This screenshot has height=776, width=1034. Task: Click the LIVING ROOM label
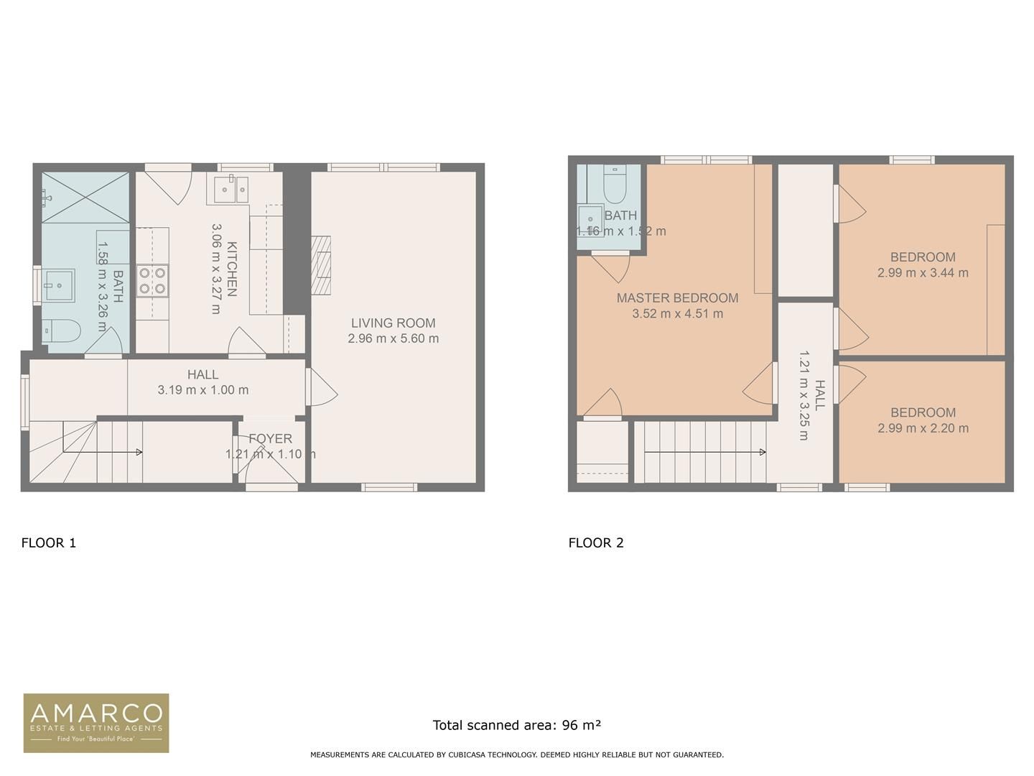(393, 323)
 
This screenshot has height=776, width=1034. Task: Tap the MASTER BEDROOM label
(677, 297)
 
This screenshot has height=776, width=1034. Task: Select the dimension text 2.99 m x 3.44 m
(923, 273)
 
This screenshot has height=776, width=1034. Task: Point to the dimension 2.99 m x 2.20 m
(923, 428)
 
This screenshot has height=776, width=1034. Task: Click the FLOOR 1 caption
(49, 542)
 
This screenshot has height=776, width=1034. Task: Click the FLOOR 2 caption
(596, 542)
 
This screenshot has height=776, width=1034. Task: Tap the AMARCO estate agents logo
(96, 723)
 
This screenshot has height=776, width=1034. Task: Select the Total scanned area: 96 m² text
(516, 725)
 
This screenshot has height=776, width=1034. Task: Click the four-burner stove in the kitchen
(152, 280)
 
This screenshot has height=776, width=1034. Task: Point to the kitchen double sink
(231, 190)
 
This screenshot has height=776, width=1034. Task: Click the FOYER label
(270, 438)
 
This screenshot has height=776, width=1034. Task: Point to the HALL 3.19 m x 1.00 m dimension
(203, 390)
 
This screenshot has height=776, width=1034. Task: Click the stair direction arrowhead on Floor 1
(139, 452)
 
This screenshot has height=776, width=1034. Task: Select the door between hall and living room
(320, 388)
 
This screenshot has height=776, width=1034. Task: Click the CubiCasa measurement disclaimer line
(516, 754)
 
